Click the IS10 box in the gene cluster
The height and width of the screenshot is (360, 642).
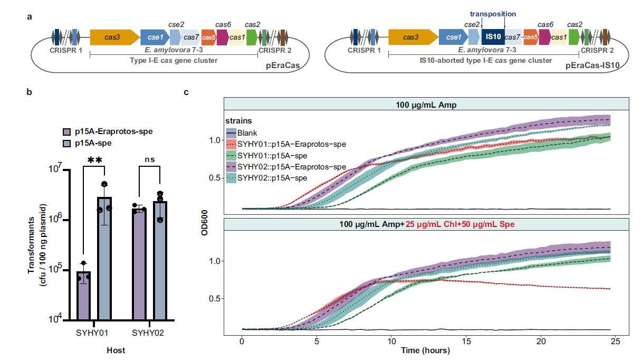point(492,37)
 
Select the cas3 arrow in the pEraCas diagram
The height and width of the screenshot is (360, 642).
point(111,37)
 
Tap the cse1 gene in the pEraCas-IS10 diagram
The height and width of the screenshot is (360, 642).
point(453,37)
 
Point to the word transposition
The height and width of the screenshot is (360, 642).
point(493,14)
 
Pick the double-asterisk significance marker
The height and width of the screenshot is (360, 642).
point(94,160)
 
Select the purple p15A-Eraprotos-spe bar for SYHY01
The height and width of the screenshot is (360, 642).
point(84,295)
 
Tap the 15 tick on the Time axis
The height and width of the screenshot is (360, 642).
point(465,342)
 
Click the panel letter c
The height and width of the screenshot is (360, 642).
point(186,92)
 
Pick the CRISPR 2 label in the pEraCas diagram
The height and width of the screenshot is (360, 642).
point(275,51)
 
